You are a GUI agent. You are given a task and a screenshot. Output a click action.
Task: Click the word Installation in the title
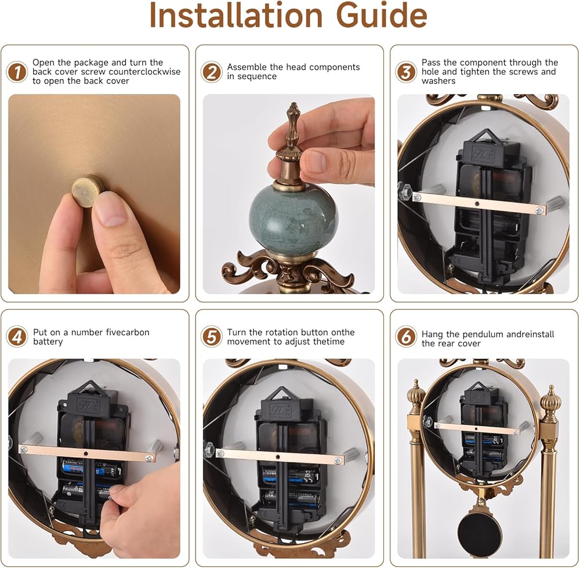click(237, 15)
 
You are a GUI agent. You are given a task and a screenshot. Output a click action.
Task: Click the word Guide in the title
click(382, 15)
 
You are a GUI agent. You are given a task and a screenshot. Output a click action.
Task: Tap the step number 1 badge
click(17, 72)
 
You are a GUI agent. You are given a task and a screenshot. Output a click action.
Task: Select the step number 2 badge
click(211, 72)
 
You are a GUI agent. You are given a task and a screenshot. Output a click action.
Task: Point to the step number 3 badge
click(406, 72)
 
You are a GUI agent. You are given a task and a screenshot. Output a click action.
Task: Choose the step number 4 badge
click(17, 337)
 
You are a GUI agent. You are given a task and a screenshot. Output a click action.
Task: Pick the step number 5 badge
click(211, 337)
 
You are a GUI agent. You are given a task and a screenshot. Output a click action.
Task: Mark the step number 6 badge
click(406, 337)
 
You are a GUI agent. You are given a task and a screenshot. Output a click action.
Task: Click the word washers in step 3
click(438, 81)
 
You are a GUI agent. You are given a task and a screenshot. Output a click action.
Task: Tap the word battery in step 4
click(48, 342)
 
